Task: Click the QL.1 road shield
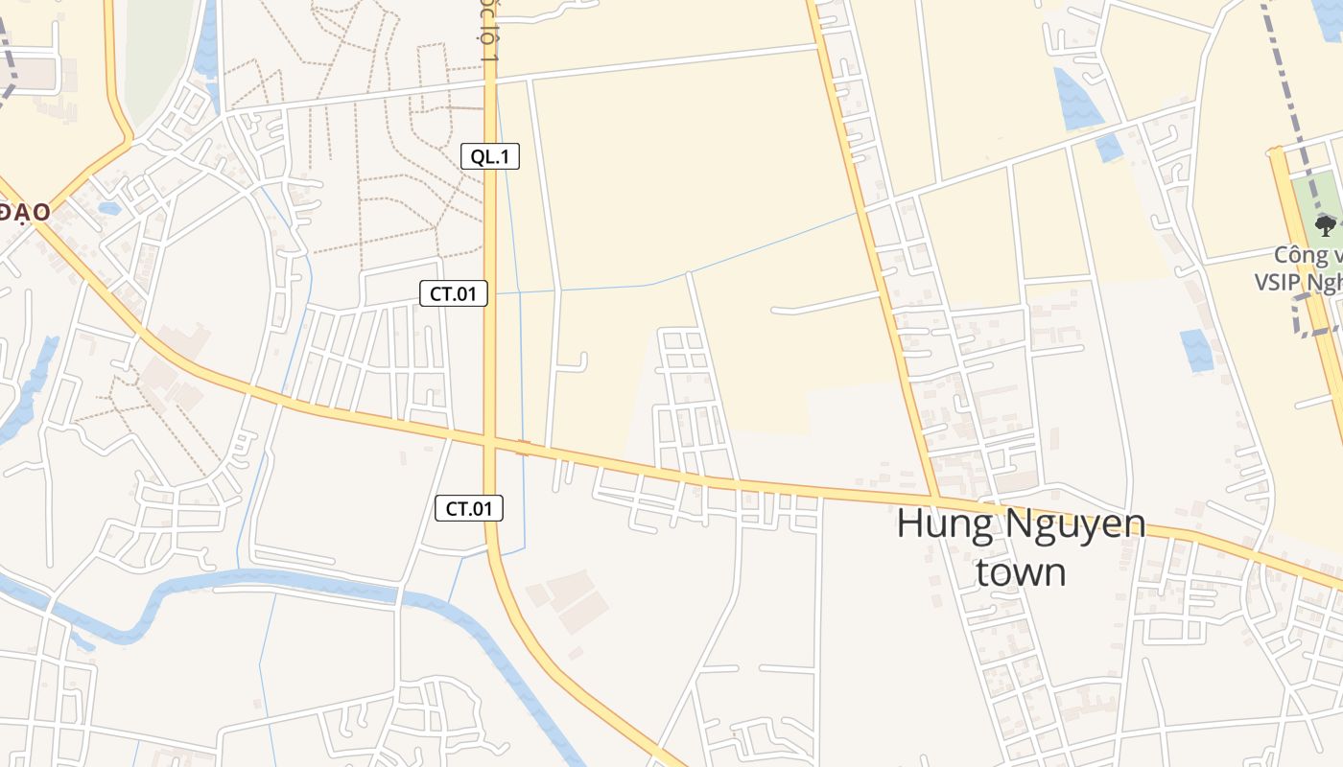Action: [x=490, y=156]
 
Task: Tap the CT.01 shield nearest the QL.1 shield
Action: [x=454, y=293]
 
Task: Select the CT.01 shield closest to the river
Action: [x=469, y=508]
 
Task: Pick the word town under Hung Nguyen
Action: [x=1021, y=571]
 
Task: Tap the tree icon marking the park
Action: [x=1325, y=225]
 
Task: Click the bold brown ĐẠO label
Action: [x=23, y=212]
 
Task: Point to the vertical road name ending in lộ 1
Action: [x=490, y=34]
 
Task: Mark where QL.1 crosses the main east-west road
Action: [x=490, y=442]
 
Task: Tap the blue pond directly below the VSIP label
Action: [x=1195, y=350]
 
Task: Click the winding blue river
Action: [x=288, y=580]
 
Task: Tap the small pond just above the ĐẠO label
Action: [x=108, y=207]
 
